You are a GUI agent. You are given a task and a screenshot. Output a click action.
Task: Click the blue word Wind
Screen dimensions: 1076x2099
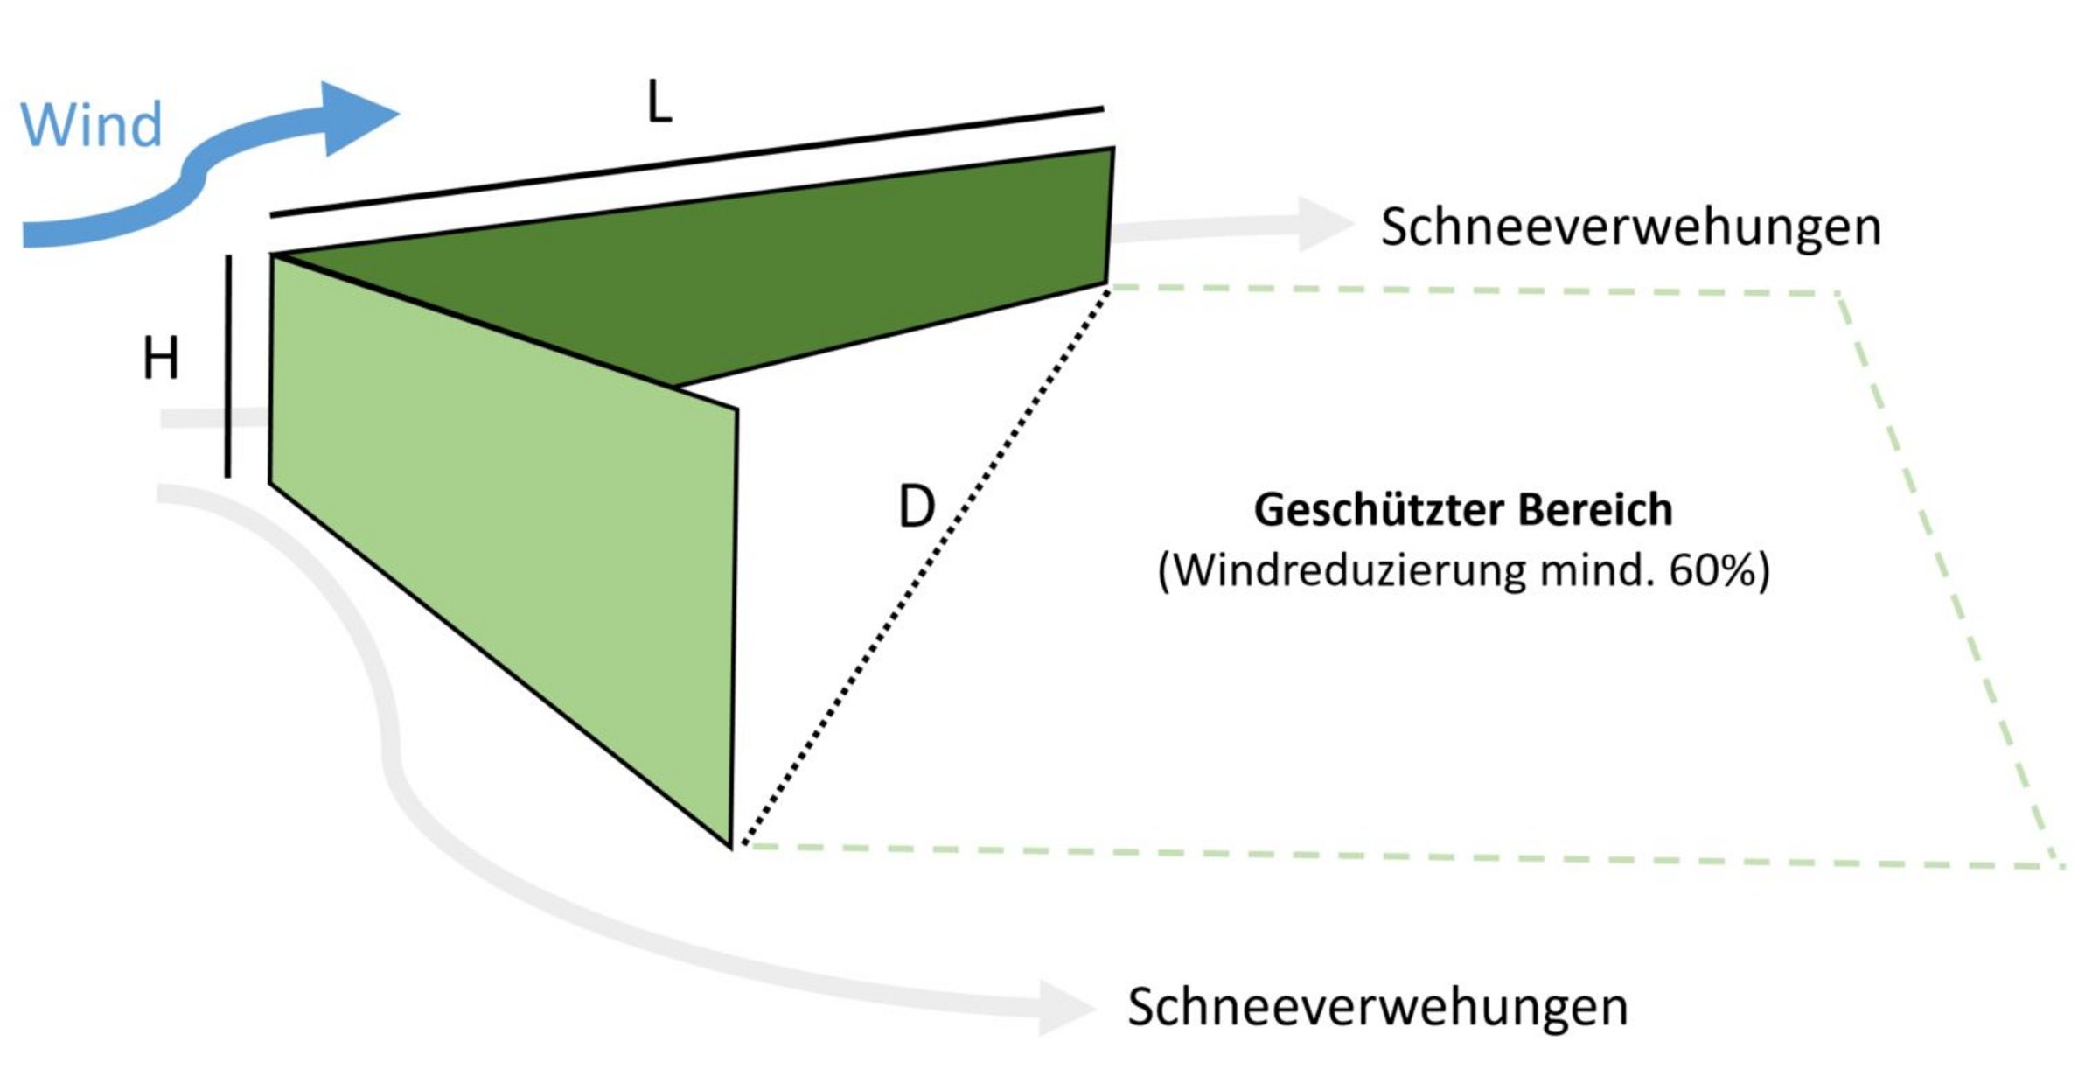pos(92,124)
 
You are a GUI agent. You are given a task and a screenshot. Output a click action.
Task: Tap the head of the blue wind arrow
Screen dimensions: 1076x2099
pos(359,118)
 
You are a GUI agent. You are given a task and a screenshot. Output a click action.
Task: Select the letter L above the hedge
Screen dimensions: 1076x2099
pos(659,102)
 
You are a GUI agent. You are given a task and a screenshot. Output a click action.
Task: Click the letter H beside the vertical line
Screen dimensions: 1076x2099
pos(161,359)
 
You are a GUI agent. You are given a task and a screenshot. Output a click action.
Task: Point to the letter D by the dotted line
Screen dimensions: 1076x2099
pos(917,507)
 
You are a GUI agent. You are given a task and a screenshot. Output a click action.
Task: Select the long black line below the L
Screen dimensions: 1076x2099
pos(687,162)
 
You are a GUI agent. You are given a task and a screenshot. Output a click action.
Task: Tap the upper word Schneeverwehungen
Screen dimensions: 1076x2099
pos(1631,227)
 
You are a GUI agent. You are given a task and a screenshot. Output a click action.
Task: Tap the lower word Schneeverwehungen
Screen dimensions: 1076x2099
pos(1377,1007)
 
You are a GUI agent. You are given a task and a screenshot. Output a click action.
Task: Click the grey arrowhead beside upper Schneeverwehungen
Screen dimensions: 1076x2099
pos(1325,224)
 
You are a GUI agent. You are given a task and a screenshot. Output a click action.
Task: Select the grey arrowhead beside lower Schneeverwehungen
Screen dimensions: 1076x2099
pos(1065,1008)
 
